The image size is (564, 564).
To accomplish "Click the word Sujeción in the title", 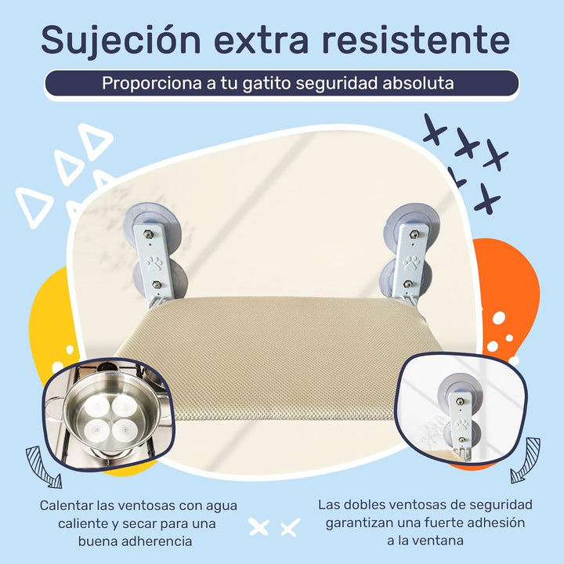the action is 121,40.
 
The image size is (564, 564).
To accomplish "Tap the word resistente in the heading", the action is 415,40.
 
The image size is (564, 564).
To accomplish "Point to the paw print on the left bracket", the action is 154,263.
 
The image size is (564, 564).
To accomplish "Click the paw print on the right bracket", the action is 410,263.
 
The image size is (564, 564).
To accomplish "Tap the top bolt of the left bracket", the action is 147,234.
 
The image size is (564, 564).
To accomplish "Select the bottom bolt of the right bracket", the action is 407,284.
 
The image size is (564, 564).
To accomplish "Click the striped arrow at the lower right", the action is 526,461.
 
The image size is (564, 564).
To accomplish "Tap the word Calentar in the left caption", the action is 66,505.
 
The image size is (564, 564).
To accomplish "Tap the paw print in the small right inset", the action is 462,425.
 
